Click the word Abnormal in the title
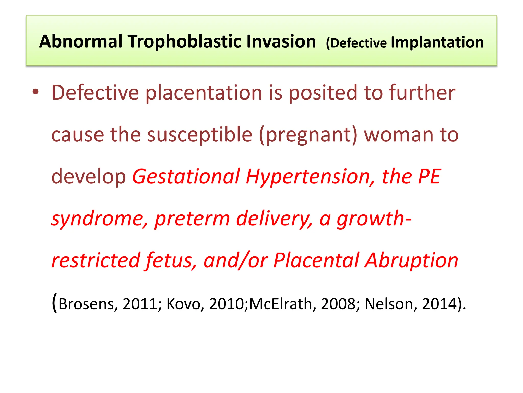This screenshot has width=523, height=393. pos(81,41)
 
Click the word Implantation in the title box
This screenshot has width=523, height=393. pos(437,42)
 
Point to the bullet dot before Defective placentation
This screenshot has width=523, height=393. pos(36,92)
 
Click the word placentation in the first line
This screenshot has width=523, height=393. pos(204,93)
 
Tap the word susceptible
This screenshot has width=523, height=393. pos(200,135)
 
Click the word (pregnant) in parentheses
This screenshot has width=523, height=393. pos(308,135)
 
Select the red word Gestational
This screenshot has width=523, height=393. pos(186,177)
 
